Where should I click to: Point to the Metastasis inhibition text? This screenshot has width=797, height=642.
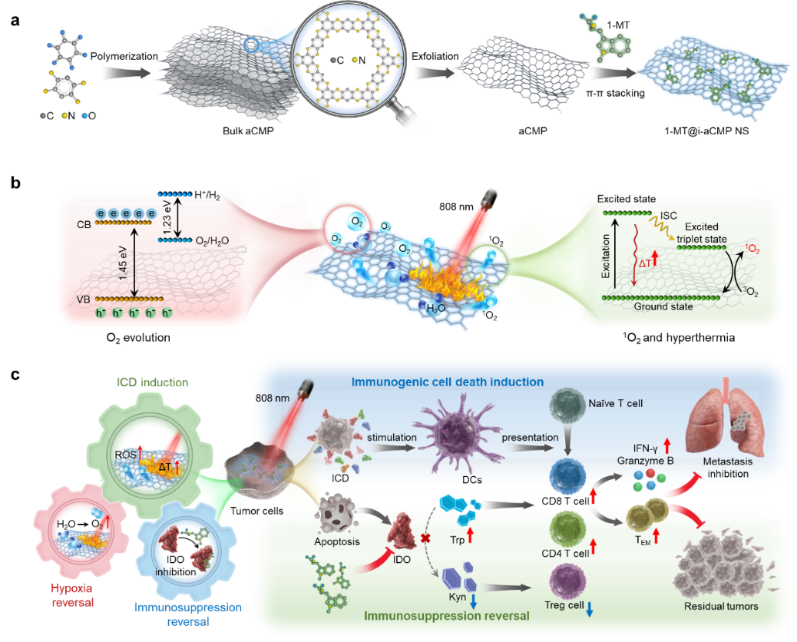pos(723,468)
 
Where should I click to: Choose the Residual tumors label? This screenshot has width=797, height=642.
pos(721,607)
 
